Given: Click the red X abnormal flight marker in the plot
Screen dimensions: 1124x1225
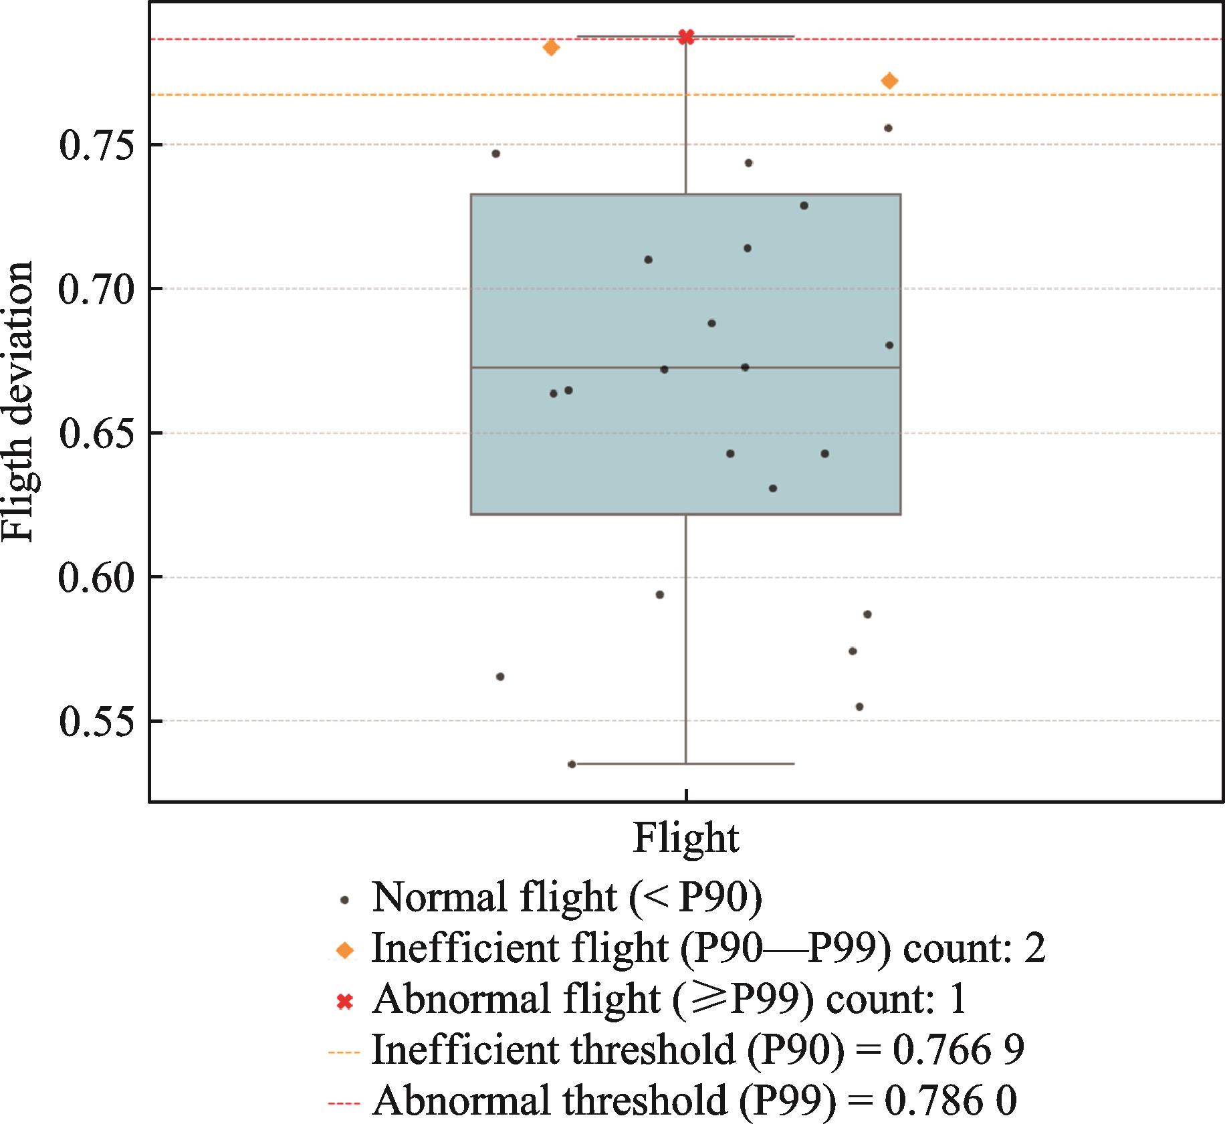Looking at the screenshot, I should click(x=686, y=37).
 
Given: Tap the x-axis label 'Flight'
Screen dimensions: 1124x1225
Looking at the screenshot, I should click(x=686, y=838).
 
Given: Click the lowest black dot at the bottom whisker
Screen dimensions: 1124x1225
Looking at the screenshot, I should click(x=572, y=764).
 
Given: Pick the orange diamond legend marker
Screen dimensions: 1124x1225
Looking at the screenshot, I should click(x=345, y=950).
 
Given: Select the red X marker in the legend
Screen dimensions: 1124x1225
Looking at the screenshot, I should click(x=345, y=1002).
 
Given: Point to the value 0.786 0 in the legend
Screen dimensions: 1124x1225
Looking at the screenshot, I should click(x=950, y=1100).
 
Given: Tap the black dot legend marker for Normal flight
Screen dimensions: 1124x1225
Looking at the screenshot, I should click(x=345, y=901).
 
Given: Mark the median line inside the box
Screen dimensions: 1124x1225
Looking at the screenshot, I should click(x=686, y=368).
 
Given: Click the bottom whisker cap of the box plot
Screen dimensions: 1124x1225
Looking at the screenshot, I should click(x=686, y=764).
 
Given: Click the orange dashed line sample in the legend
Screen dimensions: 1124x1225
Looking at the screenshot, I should click(x=344, y=1052).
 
